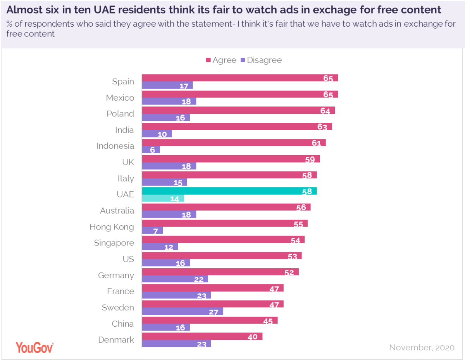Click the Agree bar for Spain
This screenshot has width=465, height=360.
pos(240,78)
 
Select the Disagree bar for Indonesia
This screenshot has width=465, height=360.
pos(151,150)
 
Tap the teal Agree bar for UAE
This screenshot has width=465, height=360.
pos(229,191)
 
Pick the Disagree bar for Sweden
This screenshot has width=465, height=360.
pos(183,311)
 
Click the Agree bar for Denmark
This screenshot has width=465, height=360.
pos(202,336)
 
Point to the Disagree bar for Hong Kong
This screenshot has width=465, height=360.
pos(153,231)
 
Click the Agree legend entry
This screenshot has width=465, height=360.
pos(220,60)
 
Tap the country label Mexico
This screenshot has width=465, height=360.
pos(120,98)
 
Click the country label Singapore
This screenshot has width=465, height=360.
pos(114,243)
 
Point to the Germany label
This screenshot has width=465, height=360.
pos(116,276)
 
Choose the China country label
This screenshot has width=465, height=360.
pos(123,324)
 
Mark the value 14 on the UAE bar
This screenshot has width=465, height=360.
pos(175,199)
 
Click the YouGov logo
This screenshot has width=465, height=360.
pos(34,347)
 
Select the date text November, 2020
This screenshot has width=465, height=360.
pos(422,348)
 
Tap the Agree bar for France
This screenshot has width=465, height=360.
pos(213,288)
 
